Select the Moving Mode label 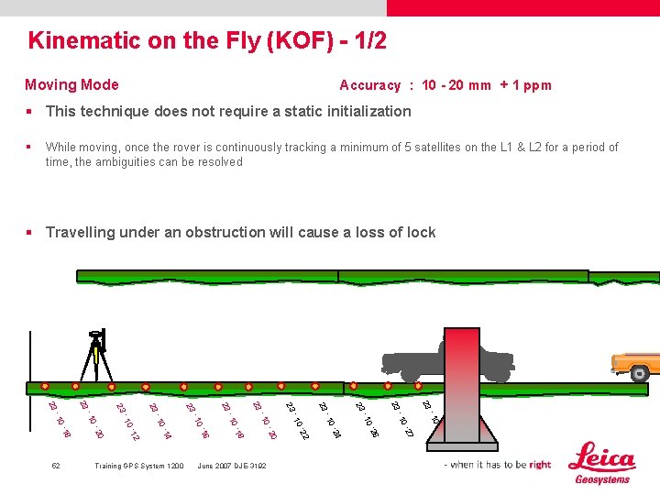(x=71, y=84)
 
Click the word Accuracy (x=369, y=85)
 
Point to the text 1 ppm (x=532, y=85)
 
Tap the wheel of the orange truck (x=639, y=373)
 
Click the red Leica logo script (x=602, y=457)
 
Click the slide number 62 (x=56, y=466)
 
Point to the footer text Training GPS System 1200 (x=138, y=466)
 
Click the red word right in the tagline (x=540, y=465)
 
